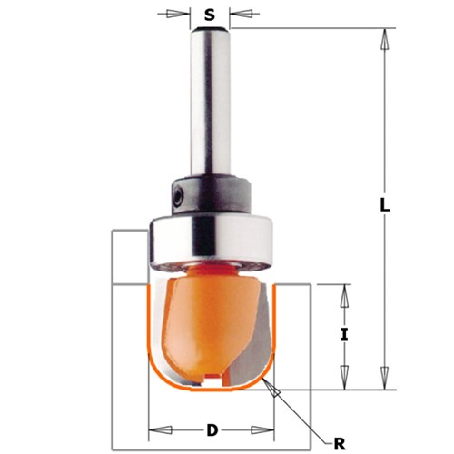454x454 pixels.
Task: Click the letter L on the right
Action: point(385,207)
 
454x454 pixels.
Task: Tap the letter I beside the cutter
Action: point(344,334)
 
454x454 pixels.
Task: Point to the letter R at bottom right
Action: point(339,443)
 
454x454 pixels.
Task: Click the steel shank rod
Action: point(210,100)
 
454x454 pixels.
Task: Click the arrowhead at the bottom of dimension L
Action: point(385,379)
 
